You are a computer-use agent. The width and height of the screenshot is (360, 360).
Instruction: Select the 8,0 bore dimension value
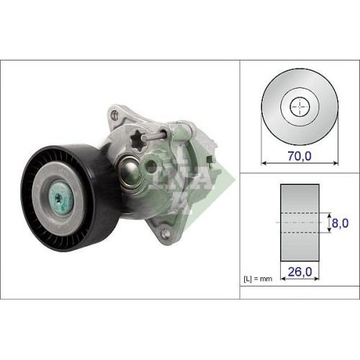[339, 224]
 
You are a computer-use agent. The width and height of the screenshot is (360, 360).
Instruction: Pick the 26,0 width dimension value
[300, 273]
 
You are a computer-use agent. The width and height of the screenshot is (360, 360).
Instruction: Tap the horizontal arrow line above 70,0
[298, 163]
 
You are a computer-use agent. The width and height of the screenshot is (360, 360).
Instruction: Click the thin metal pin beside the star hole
[159, 136]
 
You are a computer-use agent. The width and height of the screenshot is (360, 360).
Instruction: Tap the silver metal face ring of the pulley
[48, 184]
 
